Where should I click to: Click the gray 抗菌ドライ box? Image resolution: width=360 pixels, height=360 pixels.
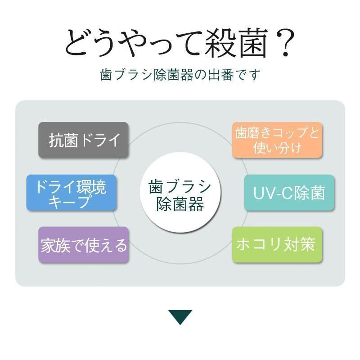(83, 140)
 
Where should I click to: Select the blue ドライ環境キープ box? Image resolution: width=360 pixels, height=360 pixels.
(72, 193)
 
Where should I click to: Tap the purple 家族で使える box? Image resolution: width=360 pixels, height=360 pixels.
(83, 245)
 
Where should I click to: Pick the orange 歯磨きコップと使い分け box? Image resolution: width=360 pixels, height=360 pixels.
(277, 140)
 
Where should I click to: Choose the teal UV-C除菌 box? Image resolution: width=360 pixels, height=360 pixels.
(289, 193)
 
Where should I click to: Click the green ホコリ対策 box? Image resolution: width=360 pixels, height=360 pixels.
(277, 245)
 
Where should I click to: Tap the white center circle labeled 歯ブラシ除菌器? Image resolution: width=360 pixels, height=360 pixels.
(180, 193)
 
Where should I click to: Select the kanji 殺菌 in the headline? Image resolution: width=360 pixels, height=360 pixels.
(236, 43)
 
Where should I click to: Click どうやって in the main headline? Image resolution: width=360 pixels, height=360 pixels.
(133, 43)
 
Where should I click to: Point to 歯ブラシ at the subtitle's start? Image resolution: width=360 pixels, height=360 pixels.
(126, 75)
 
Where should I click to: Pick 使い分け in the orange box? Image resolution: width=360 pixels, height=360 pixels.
(277, 148)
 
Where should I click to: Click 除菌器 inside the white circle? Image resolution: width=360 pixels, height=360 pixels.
(180, 204)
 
